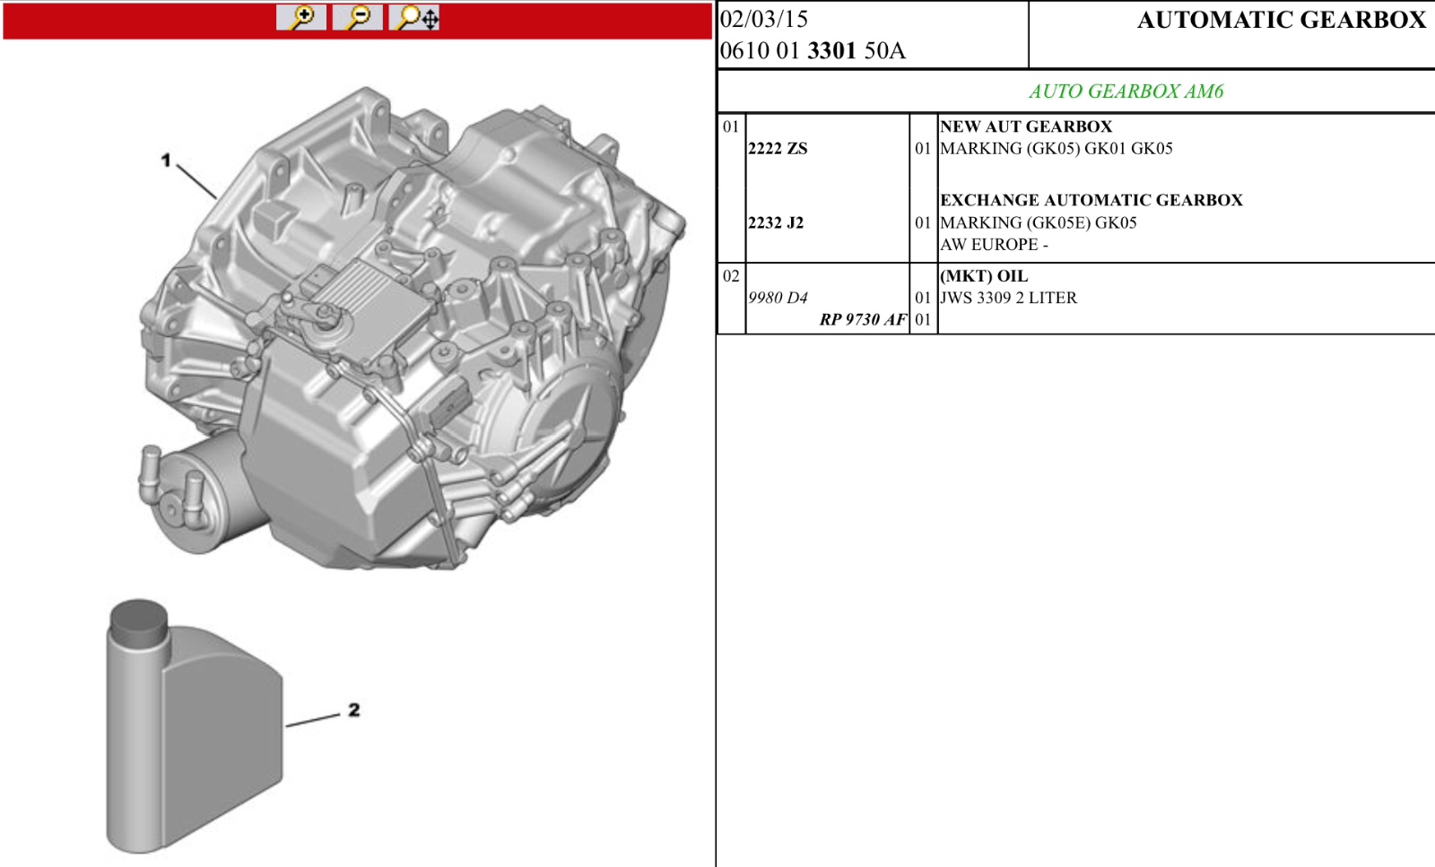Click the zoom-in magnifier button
pyautogui.click(x=301, y=17)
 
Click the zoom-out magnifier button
pyautogui.click(x=358, y=17)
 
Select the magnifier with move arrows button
pyautogui.click(x=414, y=17)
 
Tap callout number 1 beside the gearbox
pyautogui.click(x=166, y=160)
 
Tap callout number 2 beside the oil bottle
pyautogui.click(x=354, y=709)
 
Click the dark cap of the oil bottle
pyautogui.click(x=138, y=622)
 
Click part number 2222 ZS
pyautogui.click(x=778, y=149)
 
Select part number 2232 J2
pyautogui.click(x=776, y=223)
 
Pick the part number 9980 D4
pyautogui.click(x=778, y=298)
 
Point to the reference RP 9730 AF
pyautogui.click(x=863, y=319)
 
